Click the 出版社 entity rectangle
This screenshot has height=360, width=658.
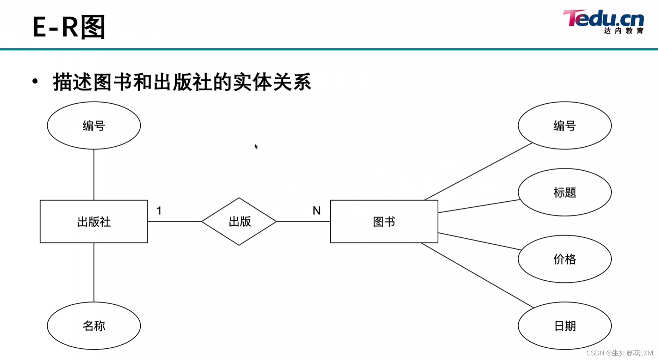point(94,221)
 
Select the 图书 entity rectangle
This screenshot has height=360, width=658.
point(384,221)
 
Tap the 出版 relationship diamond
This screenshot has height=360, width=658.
point(239,221)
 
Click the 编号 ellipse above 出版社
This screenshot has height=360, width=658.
point(94,126)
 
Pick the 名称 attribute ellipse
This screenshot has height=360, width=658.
point(94,326)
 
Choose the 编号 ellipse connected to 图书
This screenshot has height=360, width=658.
point(565,126)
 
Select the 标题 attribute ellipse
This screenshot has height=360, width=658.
point(565,192)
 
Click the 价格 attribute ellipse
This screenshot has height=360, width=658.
point(565,259)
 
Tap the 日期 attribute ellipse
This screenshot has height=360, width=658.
point(565,326)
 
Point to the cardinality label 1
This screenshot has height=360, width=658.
point(159,211)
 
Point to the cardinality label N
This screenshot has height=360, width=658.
point(316,211)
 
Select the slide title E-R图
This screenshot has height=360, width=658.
point(69,27)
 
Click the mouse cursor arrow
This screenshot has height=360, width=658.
point(256,146)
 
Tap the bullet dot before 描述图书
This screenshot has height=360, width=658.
point(35,81)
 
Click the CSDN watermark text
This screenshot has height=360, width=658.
point(620,353)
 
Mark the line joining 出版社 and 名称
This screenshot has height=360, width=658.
point(94,272)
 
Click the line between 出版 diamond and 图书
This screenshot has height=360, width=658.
point(303,221)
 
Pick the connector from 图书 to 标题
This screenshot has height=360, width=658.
point(479,206)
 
